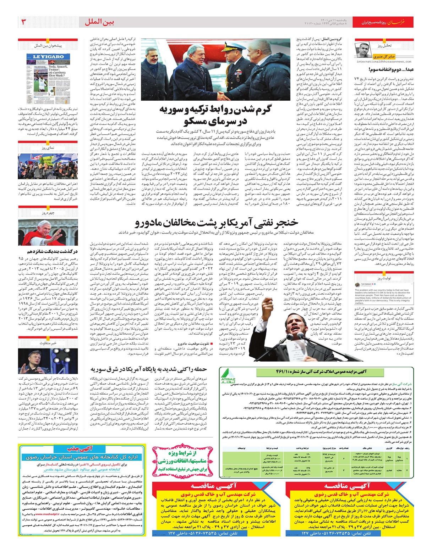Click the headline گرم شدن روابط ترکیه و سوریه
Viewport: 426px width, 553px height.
(x=215, y=115)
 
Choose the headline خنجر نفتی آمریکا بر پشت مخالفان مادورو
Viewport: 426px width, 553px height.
(x=217, y=223)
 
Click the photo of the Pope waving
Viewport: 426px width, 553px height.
(x=48, y=233)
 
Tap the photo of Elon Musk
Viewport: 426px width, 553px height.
(x=48, y=361)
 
